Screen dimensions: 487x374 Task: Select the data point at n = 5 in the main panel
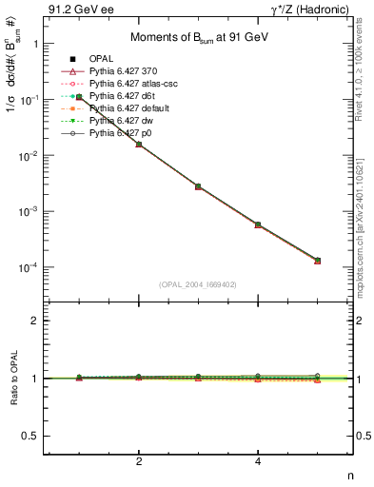(317, 261)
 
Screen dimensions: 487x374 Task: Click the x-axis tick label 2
(139, 462)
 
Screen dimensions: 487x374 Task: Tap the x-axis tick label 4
(258, 462)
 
